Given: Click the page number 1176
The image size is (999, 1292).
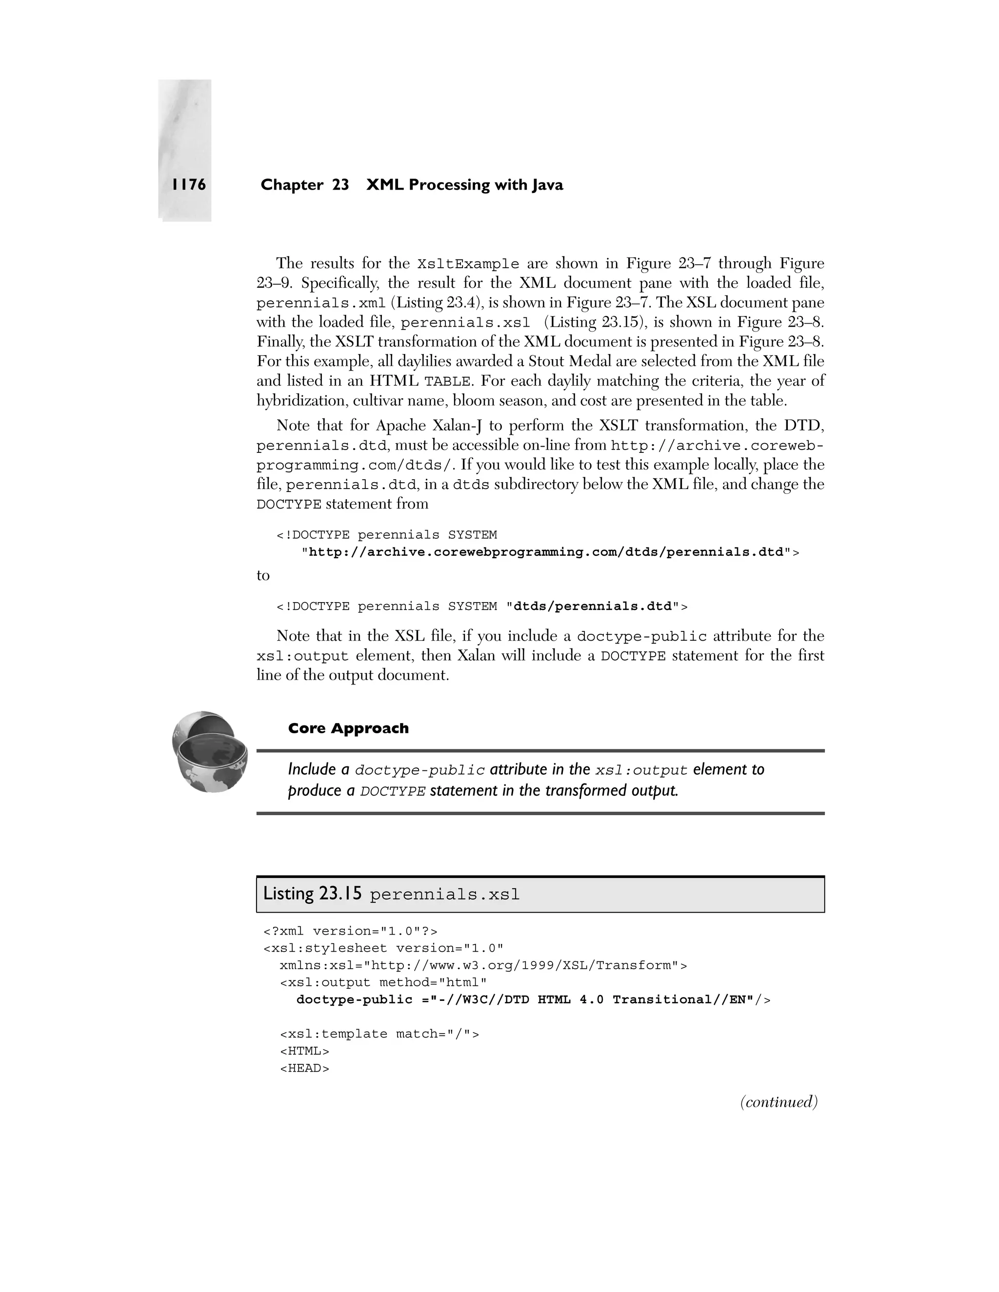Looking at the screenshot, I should [189, 185].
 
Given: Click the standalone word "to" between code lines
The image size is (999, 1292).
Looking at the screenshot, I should [263, 576].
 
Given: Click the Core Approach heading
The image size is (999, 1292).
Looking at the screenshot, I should [348, 728].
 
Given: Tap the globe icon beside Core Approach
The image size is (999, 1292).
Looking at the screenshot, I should [209, 752].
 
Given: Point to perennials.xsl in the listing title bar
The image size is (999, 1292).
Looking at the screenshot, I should [444, 895].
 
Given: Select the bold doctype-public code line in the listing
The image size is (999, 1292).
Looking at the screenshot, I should [533, 1000].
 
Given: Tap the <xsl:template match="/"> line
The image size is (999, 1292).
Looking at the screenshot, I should [379, 1034].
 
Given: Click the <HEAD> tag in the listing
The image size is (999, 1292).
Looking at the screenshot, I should [304, 1068].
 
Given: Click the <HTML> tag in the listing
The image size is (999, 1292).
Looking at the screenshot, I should [304, 1051].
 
